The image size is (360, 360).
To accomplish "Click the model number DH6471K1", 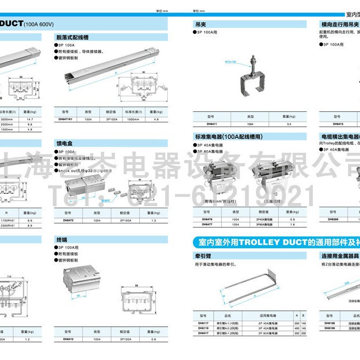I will tap(66, 119).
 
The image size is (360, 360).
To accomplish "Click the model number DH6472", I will tap(65, 221).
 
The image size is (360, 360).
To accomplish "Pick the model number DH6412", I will tap(65, 339).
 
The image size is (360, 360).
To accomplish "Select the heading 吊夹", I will tap(200, 24).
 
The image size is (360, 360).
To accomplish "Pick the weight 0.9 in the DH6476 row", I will tap(293, 219).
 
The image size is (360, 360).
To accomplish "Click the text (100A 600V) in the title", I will tap(39, 24).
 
